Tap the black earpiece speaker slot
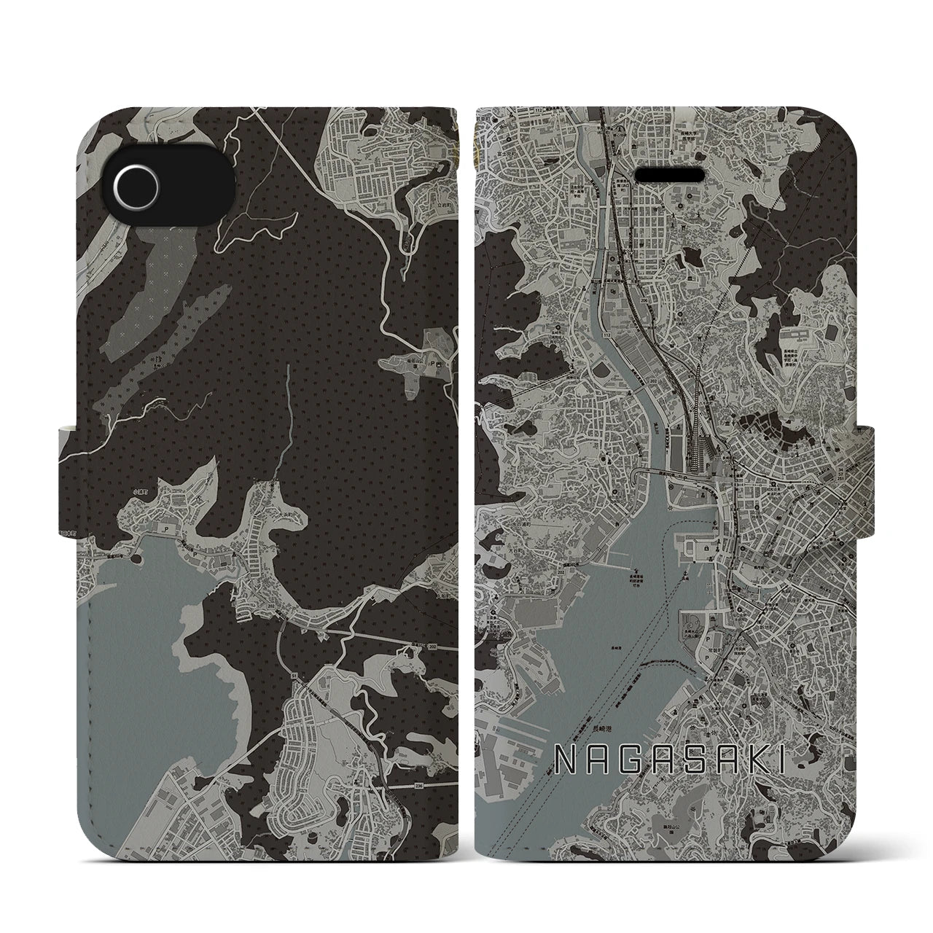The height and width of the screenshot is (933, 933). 670,155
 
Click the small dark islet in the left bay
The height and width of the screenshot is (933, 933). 135,560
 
